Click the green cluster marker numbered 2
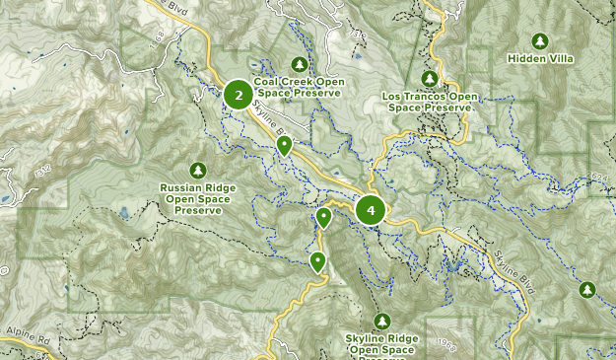pos(237,95)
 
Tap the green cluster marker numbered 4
pos(371,209)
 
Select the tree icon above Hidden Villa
pos(539,40)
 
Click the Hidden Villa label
pos(539,58)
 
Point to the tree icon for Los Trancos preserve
pos(429,78)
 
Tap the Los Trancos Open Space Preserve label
pos(429,102)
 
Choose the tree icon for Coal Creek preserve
pos(299,64)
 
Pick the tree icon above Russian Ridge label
pos(198,170)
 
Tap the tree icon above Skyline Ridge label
pos(381,322)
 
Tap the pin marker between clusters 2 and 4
pos(284,146)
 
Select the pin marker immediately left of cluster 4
pos(323,217)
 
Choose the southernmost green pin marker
pos(317,261)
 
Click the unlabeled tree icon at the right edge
pos(587,289)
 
